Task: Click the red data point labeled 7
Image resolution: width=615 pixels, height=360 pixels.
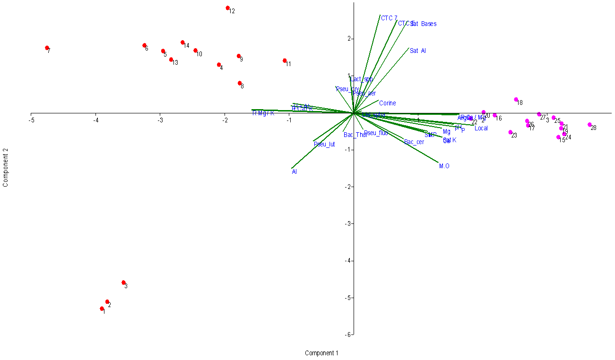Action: pos(47,48)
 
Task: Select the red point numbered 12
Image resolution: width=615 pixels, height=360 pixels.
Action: pos(228,8)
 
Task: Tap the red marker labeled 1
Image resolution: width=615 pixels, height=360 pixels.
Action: pos(102,309)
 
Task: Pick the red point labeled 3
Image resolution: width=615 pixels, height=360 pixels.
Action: pos(124,283)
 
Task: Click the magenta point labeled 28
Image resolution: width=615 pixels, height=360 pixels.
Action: pos(589,125)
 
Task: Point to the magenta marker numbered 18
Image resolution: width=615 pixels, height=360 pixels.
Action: pos(516,100)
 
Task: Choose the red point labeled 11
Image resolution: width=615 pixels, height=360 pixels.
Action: pos(285,60)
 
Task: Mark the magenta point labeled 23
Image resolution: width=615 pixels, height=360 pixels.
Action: pos(511,132)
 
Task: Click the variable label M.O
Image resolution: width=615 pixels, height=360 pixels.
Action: pos(444,166)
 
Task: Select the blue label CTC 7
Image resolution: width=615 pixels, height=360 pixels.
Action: pos(389,18)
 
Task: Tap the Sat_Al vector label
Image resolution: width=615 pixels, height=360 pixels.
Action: pos(418,51)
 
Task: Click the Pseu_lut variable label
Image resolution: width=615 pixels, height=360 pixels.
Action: pos(324,145)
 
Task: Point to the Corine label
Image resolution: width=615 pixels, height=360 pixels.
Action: pos(387,103)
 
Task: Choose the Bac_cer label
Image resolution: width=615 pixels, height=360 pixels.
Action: pos(414,142)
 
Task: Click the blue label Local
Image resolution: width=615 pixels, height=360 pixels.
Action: pos(481,129)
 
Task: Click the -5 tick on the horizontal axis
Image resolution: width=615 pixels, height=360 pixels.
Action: pos(31,120)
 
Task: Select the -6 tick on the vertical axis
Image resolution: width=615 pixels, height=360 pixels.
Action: pos(347,334)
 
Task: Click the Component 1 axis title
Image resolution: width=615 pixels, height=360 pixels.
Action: pos(321,353)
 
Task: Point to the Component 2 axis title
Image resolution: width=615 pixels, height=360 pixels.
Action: pos(6,169)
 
